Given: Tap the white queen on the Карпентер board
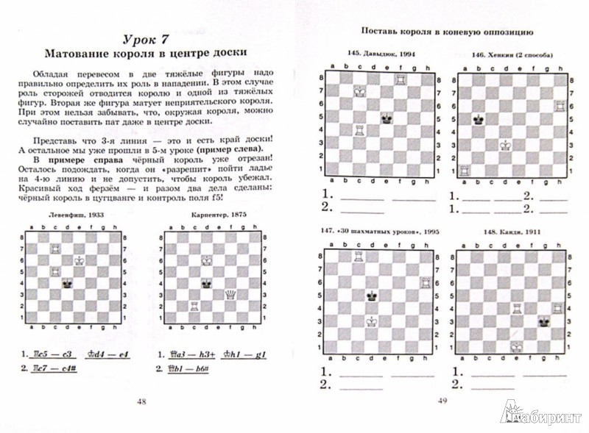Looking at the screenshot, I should (x=229, y=294).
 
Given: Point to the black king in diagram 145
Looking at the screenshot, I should (x=386, y=117).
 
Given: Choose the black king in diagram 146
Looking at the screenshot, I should (x=478, y=118).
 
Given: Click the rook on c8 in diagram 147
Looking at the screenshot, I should (x=359, y=257).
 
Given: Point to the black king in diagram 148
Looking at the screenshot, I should (x=544, y=321).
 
